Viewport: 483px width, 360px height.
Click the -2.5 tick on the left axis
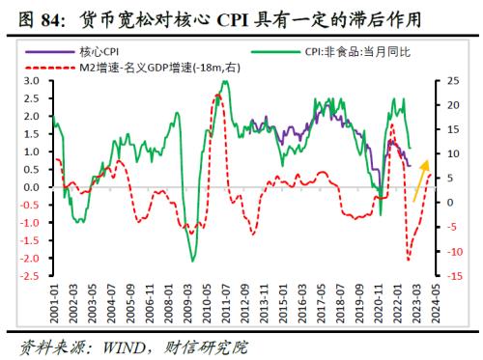coord(32,276)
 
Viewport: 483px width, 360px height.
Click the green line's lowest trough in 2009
coord(192,261)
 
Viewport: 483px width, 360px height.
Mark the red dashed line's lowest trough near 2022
coord(408,259)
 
